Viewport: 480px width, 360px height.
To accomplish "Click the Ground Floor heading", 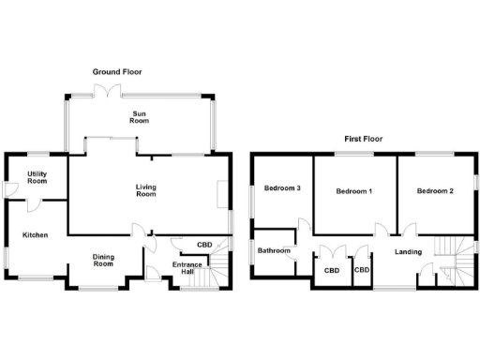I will point(117,71).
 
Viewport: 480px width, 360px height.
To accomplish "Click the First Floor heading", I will point(363,139).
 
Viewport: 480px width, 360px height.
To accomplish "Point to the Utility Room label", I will point(37,177).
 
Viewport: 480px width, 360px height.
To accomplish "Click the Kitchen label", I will point(36,234).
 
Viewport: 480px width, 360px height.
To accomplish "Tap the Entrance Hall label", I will point(187,269).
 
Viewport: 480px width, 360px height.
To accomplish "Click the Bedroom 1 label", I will point(354,191).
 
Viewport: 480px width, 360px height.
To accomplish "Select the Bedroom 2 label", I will point(435,191).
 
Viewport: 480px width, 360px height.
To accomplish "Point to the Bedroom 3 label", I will point(281,188).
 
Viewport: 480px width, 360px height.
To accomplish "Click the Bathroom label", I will point(274,250).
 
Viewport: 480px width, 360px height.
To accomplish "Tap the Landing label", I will point(408,251).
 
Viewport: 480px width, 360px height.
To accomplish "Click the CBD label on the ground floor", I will point(203,246).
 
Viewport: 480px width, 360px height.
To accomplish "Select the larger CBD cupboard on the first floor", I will point(332,271).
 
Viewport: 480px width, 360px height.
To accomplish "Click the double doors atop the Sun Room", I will point(111,90).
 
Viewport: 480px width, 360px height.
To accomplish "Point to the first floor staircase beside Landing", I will point(454,260).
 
